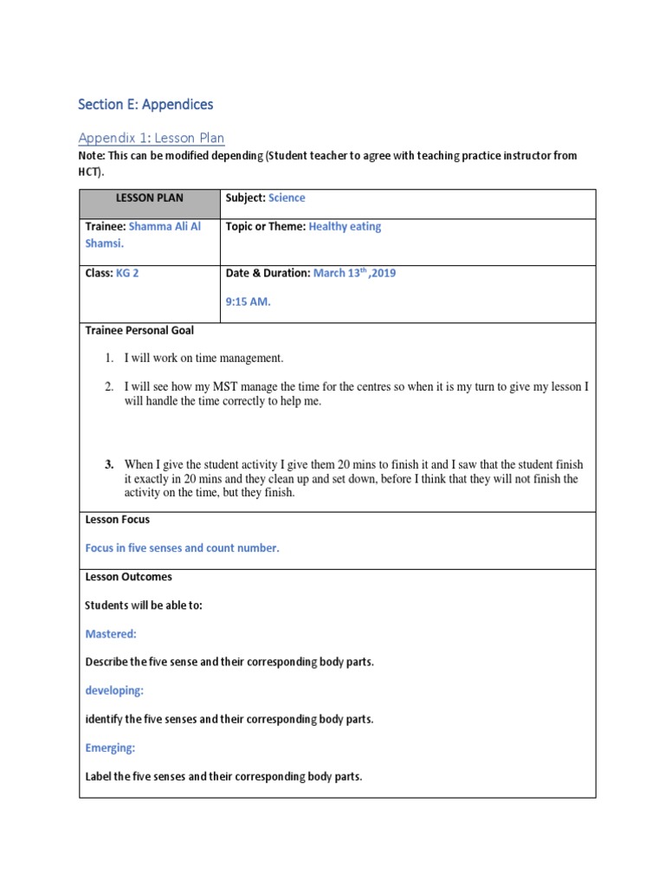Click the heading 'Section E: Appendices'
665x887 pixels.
pyautogui.click(x=145, y=105)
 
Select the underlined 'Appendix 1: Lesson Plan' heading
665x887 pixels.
pyautogui.click(x=151, y=138)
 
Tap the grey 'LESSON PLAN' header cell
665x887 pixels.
pyautogui.click(x=150, y=198)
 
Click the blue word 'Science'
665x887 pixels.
pyautogui.click(x=287, y=198)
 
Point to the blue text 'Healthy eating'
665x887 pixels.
pyautogui.click(x=345, y=227)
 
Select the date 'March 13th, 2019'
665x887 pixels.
pyautogui.click(x=354, y=273)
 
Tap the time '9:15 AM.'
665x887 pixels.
pyautogui.click(x=249, y=302)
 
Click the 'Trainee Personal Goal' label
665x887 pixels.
pyautogui.click(x=139, y=331)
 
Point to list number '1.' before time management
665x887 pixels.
pyautogui.click(x=110, y=358)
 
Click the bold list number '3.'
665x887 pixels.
pyautogui.click(x=110, y=465)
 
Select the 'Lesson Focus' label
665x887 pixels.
pyautogui.click(x=118, y=520)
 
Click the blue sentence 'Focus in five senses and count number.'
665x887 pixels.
pyautogui.click(x=182, y=548)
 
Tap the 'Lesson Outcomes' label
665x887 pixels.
pyautogui.click(x=128, y=577)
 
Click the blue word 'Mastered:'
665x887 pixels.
pyautogui.click(x=111, y=634)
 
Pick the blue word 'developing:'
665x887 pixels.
pyautogui.click(x=114, y=690)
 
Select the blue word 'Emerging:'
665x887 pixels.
pyautogui.click(x=111, y=748)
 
